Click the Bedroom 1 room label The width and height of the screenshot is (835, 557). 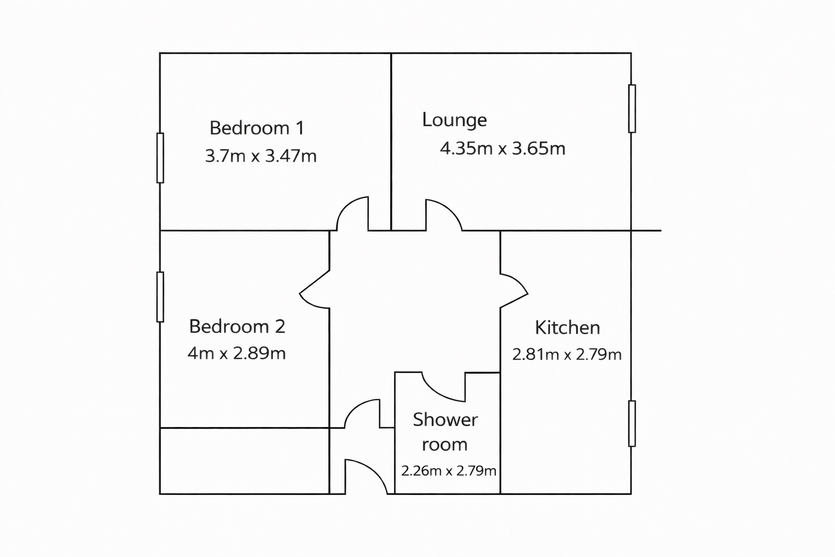click(x=257, y=128)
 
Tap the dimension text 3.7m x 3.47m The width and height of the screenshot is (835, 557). click(x=260, y=156)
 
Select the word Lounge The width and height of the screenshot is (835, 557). click(x=454, y=120)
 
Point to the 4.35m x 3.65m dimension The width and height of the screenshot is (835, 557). click(x=502, y=148)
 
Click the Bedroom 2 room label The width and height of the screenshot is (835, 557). click(x=237, y=326)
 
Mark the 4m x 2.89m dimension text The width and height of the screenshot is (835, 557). click(x=236, y=354)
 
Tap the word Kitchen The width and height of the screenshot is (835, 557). click(x=568, y=327)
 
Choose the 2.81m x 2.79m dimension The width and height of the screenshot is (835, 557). click(x=567, y=355)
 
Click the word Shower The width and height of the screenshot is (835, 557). click(x=445, y=419)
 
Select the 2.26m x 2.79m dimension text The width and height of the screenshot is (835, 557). click(x=448, y=471)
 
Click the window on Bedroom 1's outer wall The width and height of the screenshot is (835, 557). click(x=160, y=158)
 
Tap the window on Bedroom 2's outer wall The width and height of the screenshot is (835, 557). click(x=160, y=297)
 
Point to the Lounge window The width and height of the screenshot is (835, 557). click(x=632, y=108)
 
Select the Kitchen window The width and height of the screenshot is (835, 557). click(x=632, y=424)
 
